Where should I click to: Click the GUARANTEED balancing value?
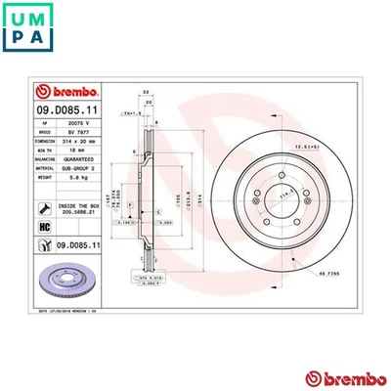76,159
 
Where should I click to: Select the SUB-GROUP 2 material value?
76,169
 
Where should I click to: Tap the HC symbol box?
43,228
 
